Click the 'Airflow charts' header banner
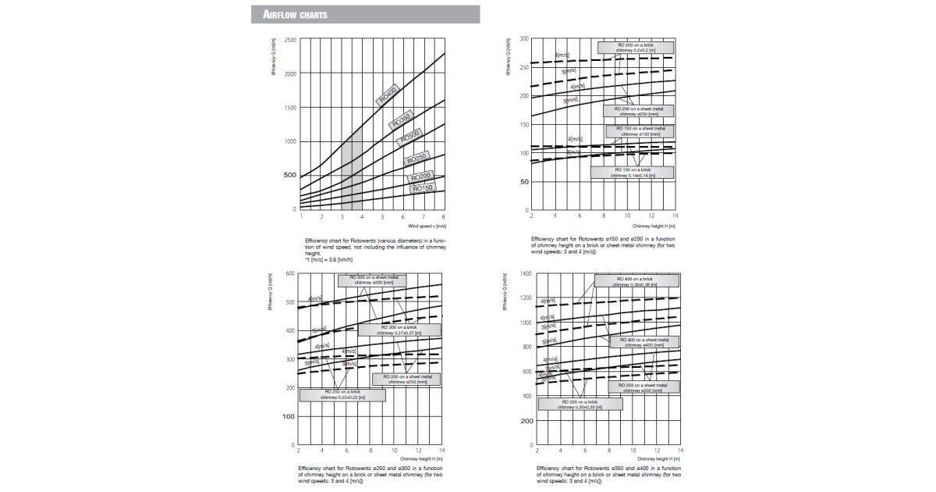365,15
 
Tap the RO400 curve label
387,95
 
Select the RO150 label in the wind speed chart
422,188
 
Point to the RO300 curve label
409,138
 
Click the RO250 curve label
417,160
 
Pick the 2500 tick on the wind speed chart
290,40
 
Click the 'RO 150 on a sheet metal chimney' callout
640,131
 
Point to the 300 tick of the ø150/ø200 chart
525,38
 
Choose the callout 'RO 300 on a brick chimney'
399,330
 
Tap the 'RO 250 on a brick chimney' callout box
342,395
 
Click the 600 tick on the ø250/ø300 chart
289,273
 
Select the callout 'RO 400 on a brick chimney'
634,281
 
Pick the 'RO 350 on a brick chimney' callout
580,404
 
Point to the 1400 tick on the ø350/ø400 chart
524,273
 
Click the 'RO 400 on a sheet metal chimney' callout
644,342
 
